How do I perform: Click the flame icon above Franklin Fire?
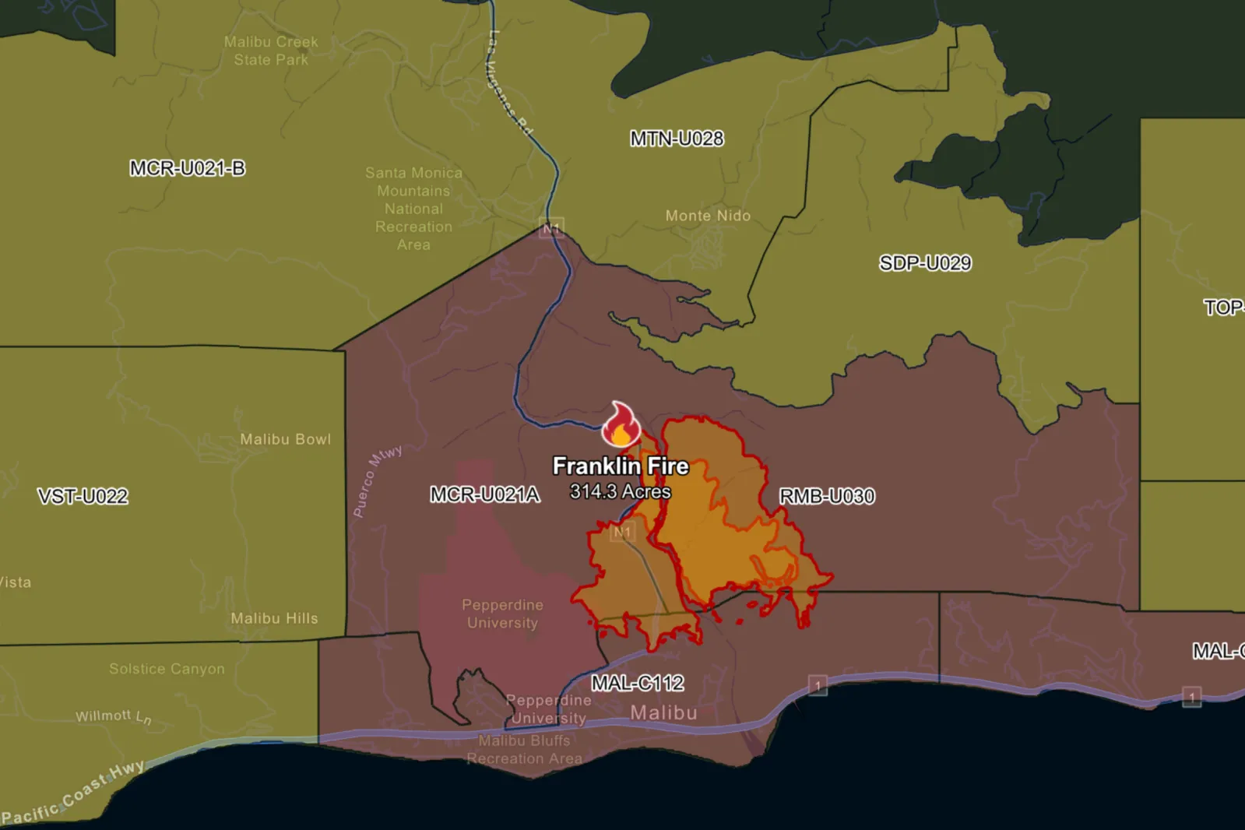tap(621, 425)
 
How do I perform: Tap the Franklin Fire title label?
tap(621, 466)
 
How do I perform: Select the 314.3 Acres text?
tap(620, 492)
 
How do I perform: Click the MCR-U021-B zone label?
tap(187, 168)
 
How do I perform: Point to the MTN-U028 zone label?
tap(677, 139)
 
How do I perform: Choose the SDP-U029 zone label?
tap(925, 263)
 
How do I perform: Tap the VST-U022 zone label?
tap(83, 497)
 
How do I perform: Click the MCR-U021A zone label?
tap(484, 494)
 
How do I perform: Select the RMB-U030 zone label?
tap(827, 496)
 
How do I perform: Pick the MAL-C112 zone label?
tap(637, 684)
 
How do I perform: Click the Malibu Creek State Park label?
tap(271, 51)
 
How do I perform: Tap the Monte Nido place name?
tap(708, 216)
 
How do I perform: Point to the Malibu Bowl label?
tap(285, 439)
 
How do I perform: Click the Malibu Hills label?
tap(274, 618)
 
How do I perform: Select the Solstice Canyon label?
tap(167, 669)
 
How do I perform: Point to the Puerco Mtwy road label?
tap(377, 481)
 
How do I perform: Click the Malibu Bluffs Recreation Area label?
tap(524, 750)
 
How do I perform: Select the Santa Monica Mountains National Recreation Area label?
tap(413, 209)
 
